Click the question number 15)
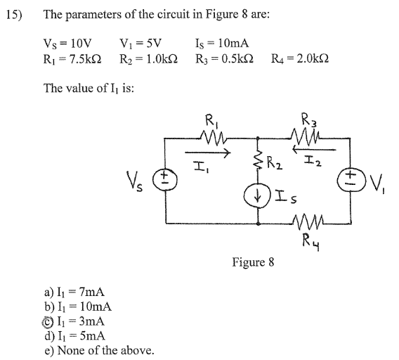click(14, 15)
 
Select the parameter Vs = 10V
click(67, 44)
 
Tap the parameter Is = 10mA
click(222, 43)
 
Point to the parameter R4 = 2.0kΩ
click(300, 58)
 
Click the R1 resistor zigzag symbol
click(214, 138)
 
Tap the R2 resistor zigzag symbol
click(258, 160)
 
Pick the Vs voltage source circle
click(165, 179)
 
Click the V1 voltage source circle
click(351, 179)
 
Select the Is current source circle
click(258, 197)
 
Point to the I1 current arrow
click(207, 153)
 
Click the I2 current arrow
click(314, 150)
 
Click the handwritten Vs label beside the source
click(134, 181)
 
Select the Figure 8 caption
click(253, 262)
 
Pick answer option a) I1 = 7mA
click(74, 292)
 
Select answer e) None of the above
click(99, 350)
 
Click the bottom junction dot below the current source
click(258, 224)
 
